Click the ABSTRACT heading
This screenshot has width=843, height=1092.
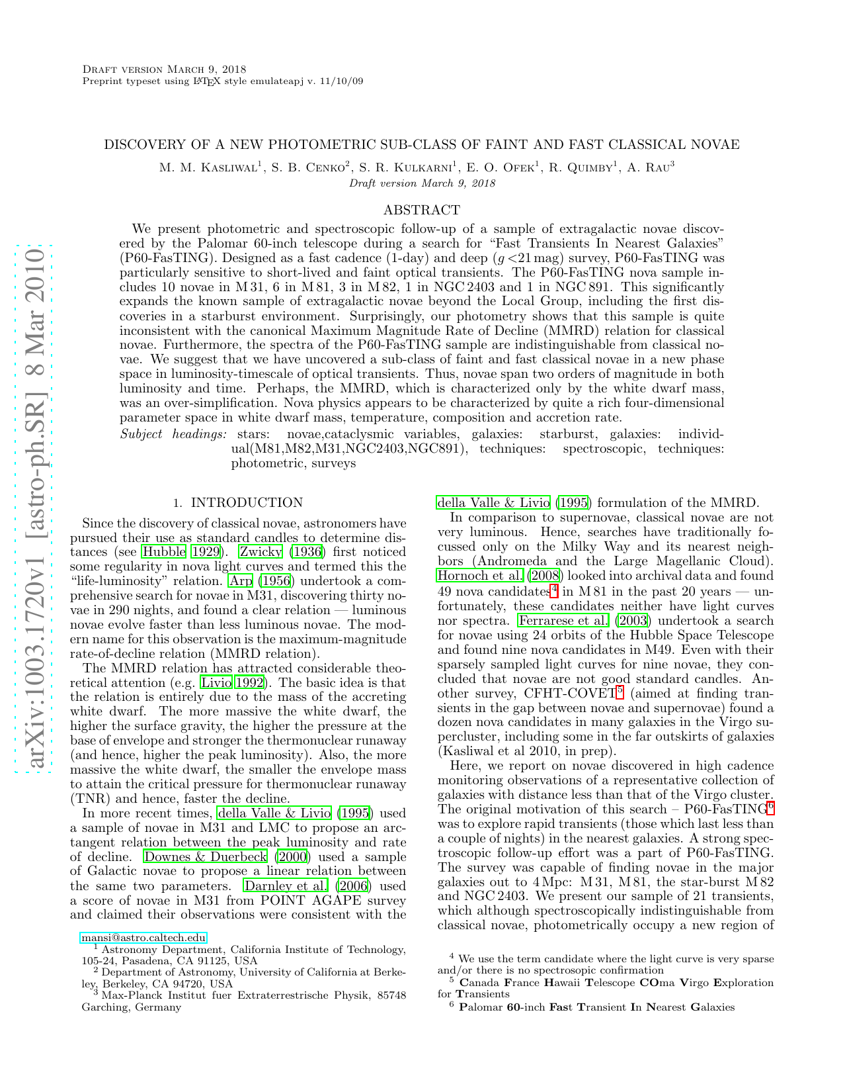pos(421,210)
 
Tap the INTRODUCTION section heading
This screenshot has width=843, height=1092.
pos(247,503)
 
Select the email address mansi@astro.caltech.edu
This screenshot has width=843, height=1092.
pos(143,938)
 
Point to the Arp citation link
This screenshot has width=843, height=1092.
pos(239,581)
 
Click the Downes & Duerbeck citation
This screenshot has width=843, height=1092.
pos(206,857)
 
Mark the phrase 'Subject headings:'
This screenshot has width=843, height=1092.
pos(173,434)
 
